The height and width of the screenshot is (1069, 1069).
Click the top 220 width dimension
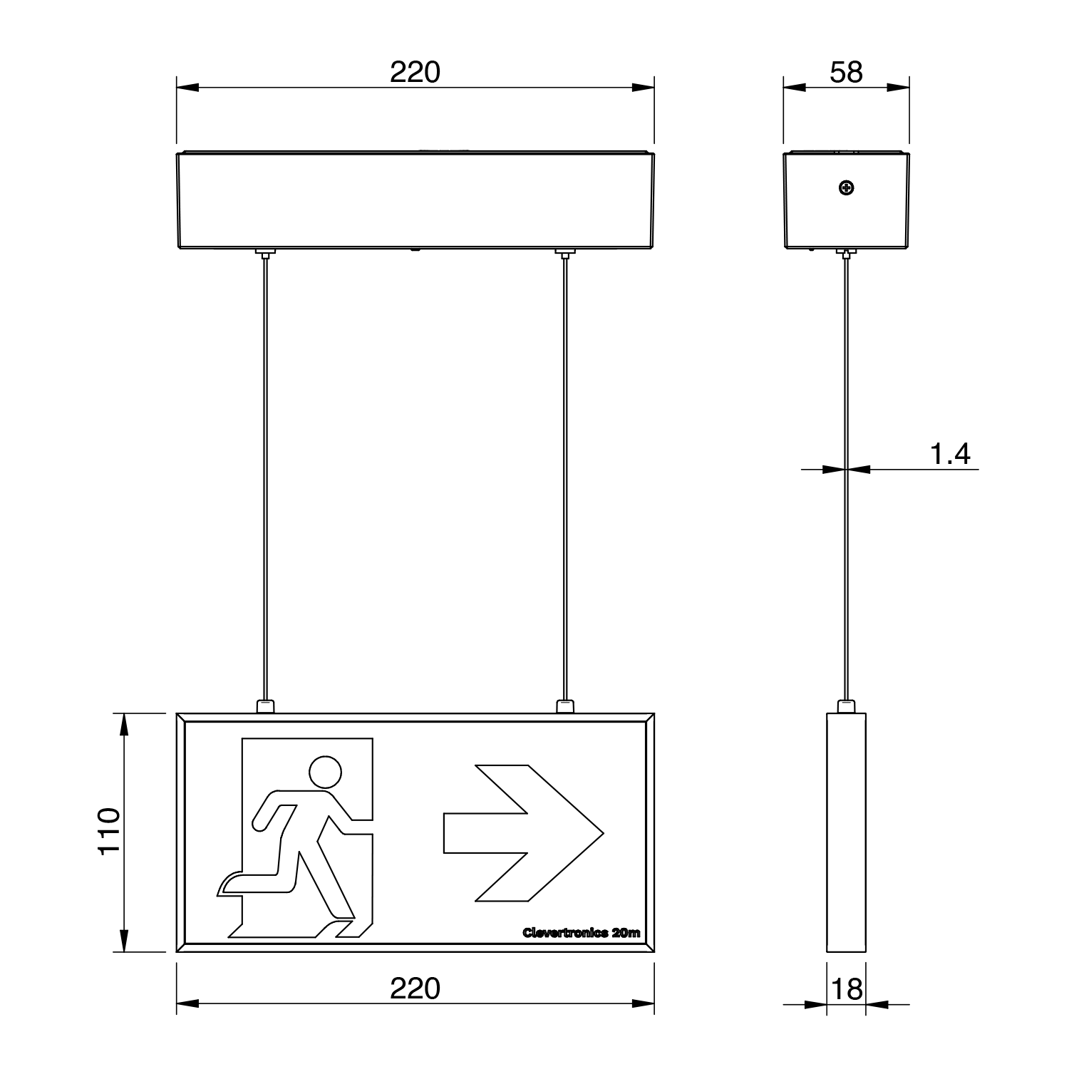coord(415,73)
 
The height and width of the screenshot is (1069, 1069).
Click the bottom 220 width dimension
coord(415,988)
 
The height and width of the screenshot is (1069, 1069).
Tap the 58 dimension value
coord(847,73)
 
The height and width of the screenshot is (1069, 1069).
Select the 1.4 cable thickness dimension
coord(951,454)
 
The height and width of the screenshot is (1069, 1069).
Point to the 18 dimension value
coord(847,989)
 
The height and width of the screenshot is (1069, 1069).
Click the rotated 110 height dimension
coord(108,832)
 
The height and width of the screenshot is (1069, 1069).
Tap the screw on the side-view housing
coord(847,188)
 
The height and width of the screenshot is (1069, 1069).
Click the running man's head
coord(325,772)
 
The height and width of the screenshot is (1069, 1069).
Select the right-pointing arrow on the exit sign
coord(524,833)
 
